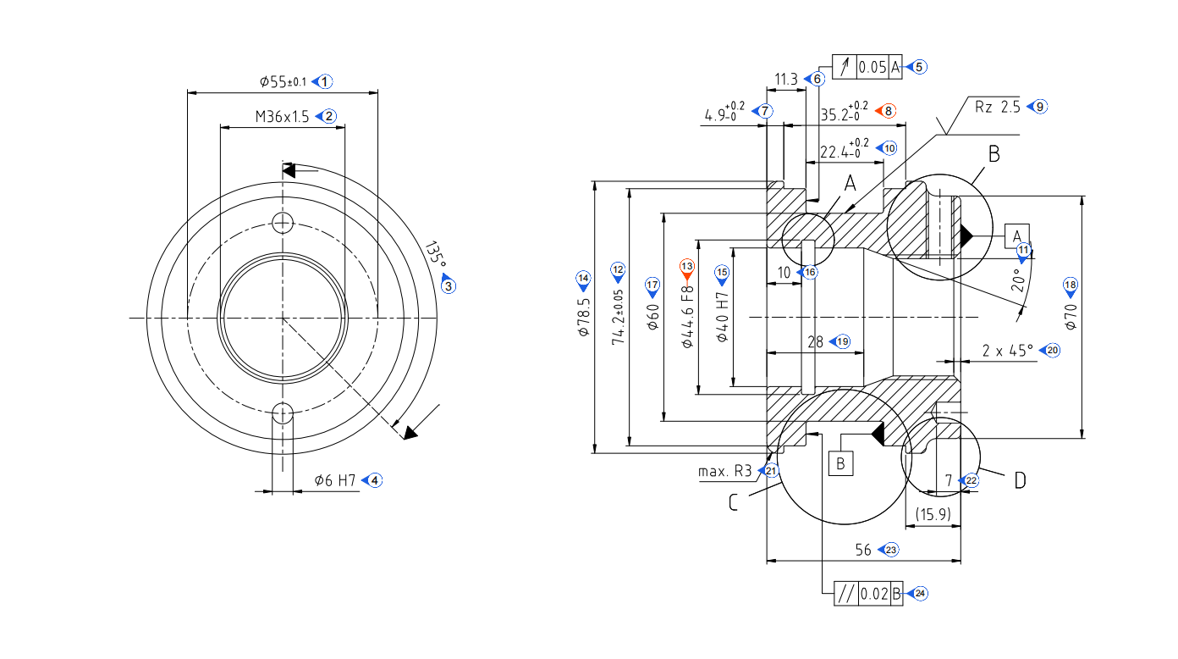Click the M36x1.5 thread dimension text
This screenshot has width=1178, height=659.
click(x=283, y=117)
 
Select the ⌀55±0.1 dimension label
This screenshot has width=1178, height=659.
click(x=283, y=82)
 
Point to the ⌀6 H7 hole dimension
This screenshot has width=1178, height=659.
click(x=335, y=480)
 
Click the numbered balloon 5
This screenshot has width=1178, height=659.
click(x=920, y=66)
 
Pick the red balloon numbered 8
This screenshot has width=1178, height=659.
click(x=888, y=110)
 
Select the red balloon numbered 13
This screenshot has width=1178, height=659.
click(x=687, y=267)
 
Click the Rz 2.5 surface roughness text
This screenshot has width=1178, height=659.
click(x=999, y=107)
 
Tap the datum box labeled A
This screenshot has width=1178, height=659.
click(x=1017, y=235)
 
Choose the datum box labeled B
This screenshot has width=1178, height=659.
click(x=840, y=463)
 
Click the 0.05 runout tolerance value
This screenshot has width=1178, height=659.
click(x=872, y=67)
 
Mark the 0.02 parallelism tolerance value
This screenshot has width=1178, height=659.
click(x=874, y=594)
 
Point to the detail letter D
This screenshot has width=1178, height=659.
click(x=1020, y=480)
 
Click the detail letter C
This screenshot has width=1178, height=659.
click(x=733, y=502)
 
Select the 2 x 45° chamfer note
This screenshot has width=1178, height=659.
click(x=1008, y=350)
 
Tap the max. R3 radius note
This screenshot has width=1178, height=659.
click(x=724, y=471)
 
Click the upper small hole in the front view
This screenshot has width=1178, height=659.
click(x=283, y=222)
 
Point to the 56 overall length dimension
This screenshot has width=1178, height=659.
click(x=863, y=550)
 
